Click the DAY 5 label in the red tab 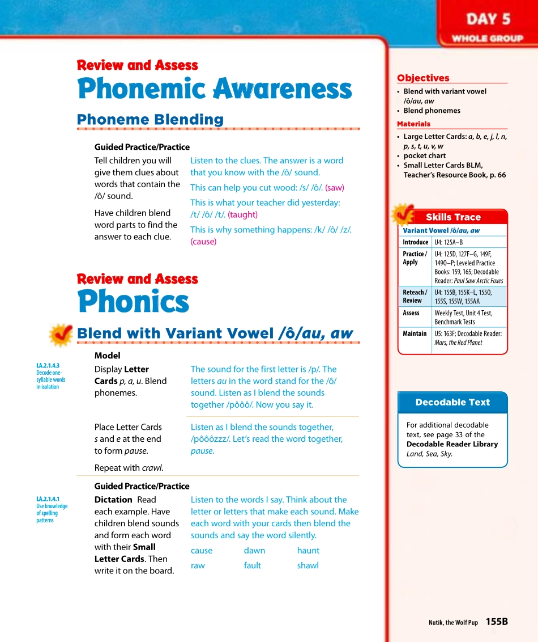coord(488,19)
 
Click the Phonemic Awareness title coord(214,90)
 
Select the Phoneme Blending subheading coord(150,120)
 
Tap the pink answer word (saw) coord(334,188)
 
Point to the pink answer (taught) coord(242,215)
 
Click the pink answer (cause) coord(203,242)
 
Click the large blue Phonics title coord(133,301)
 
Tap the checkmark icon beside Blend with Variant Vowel coord(60,335)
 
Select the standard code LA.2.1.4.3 coord(48,366)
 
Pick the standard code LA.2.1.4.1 coord(48,500)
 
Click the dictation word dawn coord(254,551)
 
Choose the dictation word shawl coord(308,565)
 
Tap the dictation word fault coord(252,565)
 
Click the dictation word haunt coord(308,551)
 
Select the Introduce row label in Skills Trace coord(415,242)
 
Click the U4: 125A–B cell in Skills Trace coord(449,242)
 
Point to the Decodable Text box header coord(452,402)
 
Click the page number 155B coord(496,622)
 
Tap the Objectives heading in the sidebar coord(423,78)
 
